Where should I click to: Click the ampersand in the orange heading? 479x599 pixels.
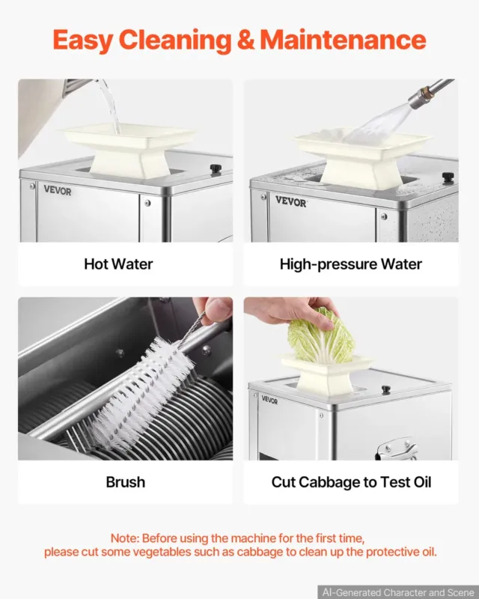245,40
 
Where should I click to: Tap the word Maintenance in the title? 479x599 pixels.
343,40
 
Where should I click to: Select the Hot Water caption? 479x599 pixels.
118,264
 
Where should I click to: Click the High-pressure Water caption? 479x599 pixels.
351,264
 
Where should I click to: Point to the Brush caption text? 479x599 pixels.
125,482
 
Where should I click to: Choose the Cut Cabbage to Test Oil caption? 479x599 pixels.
351,482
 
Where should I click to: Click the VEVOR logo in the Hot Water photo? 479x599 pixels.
58,190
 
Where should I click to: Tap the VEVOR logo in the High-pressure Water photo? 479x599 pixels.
291,201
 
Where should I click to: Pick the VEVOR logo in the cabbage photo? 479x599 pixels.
269,400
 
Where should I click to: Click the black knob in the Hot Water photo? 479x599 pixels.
216,168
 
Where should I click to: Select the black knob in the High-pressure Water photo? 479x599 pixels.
448,177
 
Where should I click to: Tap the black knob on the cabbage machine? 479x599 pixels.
385,389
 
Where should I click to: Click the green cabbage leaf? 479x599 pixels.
321,336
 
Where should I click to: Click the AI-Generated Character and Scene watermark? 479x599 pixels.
398,592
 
